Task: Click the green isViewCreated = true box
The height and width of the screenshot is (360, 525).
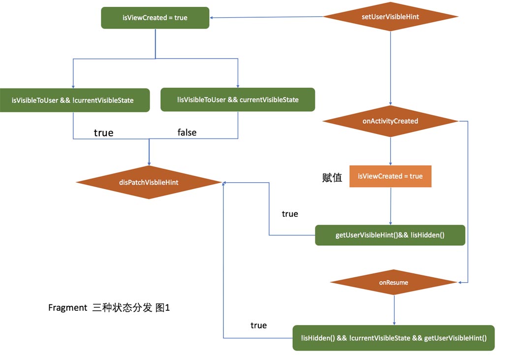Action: click(155, 18)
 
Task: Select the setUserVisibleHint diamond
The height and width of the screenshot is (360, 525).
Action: click(390, 16)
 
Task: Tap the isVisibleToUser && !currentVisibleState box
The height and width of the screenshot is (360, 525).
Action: click(75, 100)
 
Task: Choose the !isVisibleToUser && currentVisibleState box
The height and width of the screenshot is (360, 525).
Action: click(238, 99)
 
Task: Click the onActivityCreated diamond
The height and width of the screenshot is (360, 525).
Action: click(390, 121)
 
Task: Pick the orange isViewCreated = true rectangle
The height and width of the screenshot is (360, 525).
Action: click(390, 176)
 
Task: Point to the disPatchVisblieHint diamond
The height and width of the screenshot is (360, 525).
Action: click(149, 182)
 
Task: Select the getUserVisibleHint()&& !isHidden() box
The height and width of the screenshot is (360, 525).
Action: click(390, 235)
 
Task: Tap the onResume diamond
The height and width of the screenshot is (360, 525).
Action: click(394, 282)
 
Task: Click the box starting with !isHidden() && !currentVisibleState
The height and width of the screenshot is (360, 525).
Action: click(394, 338)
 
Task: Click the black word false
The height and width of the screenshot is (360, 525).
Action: click(187, 132)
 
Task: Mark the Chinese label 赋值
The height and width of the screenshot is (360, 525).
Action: click(332, 177)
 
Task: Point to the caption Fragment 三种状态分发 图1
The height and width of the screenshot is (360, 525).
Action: click(109, 307)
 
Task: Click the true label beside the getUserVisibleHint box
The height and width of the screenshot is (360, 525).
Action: click(290, 214)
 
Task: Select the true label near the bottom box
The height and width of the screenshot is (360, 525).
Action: click(258, 326)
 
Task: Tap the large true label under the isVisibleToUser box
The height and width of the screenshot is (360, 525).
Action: click(103, 133)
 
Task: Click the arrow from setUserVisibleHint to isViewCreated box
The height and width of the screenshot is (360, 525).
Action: click(267, 17)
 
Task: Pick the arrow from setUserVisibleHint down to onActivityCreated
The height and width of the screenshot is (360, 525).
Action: click(390, 68)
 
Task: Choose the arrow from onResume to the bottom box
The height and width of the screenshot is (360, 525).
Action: click(394, 310)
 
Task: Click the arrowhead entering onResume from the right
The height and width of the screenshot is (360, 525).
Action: click(460, 282)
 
